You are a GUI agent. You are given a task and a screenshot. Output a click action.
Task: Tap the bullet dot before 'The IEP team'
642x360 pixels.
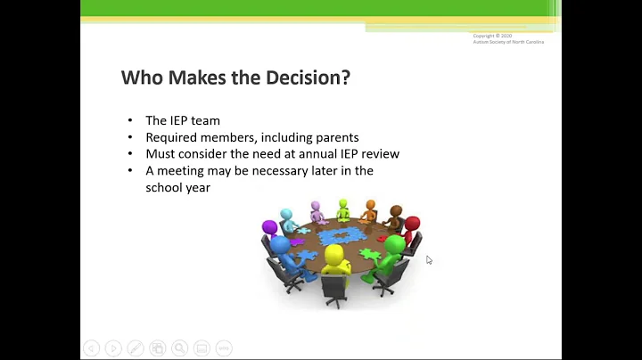click(x=129, y=121)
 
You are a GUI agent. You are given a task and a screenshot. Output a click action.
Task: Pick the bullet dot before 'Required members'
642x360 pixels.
click(x=129, y=137)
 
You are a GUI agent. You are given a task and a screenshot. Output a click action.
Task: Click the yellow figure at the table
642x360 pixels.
click(x=334, y=264)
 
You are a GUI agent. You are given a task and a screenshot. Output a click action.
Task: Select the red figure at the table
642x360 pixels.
click(x=411, y=230)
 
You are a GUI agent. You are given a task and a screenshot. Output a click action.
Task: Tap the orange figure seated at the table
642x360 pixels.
click(x=370, y=210)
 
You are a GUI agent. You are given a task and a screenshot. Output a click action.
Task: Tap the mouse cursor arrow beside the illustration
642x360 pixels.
click(x=429, y=260)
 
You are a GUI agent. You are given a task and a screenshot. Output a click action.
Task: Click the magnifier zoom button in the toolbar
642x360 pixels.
click(x=179, y=348)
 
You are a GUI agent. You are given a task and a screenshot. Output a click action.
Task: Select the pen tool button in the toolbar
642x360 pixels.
click(x=135, y=348)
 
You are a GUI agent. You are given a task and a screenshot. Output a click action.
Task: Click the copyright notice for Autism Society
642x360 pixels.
click(x=508, y=39)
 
